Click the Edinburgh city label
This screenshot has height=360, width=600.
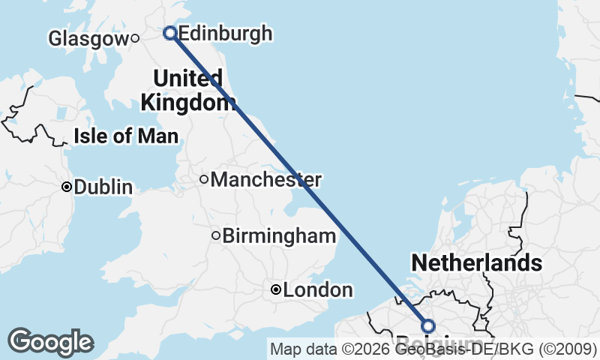[x=226, y=34]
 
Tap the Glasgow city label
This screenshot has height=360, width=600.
[x=88, y=38]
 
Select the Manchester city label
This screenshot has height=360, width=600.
[x=266, y=180]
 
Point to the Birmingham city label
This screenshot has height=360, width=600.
[x=279, y=236]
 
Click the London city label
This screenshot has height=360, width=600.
[x=318, y=290]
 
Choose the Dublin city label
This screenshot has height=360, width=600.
[x=103, y=187]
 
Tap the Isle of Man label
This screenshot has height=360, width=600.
[x=126, y=136]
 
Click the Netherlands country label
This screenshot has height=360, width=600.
[x=476, y=262]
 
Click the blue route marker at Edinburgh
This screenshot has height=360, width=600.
[x=170, y=33]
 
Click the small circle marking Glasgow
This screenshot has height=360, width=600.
[x=135, y=38]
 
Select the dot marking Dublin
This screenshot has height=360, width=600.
[x=67, y=187]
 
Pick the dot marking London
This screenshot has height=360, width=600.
[x=276, y=289]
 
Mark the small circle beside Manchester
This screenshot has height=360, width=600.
[x=204, y=179]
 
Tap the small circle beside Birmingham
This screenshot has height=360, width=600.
[x=216, y=235]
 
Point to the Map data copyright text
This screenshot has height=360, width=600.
[x=433, y=349]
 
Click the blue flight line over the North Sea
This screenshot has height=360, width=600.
[x=300, y=180]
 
